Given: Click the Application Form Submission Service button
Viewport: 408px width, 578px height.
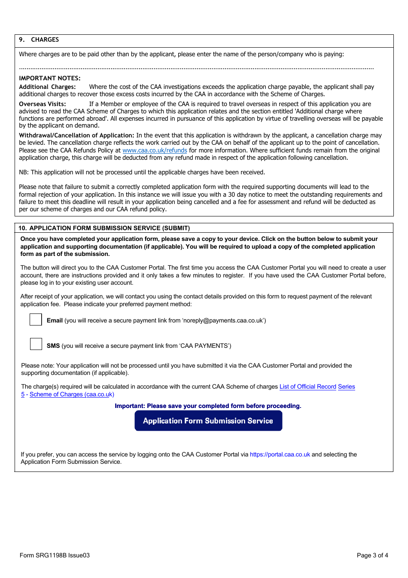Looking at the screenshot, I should [x=208, y=421].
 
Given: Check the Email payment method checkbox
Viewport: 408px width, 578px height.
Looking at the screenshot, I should [x=36, y=319].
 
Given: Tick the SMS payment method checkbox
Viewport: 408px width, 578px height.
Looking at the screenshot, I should [x=36, y=344].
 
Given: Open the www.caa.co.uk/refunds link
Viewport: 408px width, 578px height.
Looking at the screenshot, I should [x=155, y=150].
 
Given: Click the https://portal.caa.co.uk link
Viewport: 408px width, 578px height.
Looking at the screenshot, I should [x=280, y=454].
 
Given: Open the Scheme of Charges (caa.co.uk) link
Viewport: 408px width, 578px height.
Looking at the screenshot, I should [x=72, y=394].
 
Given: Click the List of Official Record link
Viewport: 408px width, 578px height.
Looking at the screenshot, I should [x=308, y=386].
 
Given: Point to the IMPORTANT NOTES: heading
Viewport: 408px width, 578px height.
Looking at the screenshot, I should [x=50, y=78].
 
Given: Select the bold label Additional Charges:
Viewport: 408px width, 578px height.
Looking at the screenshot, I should [x=47, y=87].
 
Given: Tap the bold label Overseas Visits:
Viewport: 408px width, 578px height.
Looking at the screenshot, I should [x=43, y=104].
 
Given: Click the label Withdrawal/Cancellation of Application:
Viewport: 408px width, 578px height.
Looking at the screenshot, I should [x=76, y=135].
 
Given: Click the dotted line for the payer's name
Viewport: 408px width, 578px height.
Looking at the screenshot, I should [x=196, y=68].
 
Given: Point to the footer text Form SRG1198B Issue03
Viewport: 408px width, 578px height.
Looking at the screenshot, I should [x=55, y=555].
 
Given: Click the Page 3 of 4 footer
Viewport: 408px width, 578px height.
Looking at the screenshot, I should [x=372, y=555].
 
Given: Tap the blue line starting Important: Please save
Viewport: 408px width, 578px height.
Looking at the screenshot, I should [x=208, y=406].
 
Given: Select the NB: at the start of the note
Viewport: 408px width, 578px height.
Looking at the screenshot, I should [x=24, y=172].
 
